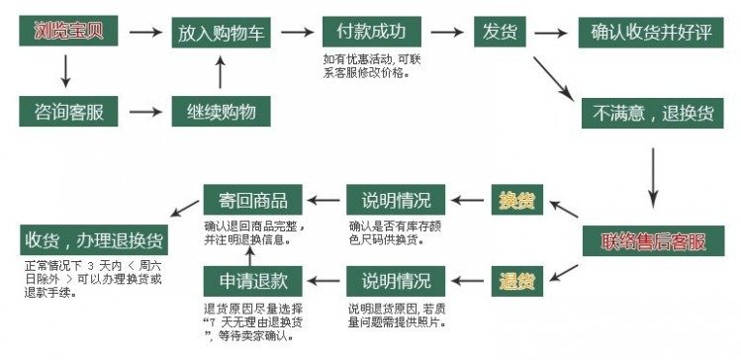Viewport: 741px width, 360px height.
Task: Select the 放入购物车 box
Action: tap(222, 33)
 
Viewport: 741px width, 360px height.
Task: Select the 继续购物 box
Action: tap(222, 111)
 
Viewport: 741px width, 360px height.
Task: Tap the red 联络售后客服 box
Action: tap(653, 241)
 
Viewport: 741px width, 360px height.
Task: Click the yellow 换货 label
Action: tap(516, 201)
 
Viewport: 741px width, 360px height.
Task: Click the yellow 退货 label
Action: tap(516, 280)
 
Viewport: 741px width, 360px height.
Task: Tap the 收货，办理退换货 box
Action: tap(94, 241)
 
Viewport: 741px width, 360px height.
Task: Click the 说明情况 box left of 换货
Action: tap(395, 201)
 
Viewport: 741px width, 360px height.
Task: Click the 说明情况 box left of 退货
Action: tap(395, 280)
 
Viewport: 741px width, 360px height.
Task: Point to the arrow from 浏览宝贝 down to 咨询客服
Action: tap(66, 69)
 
